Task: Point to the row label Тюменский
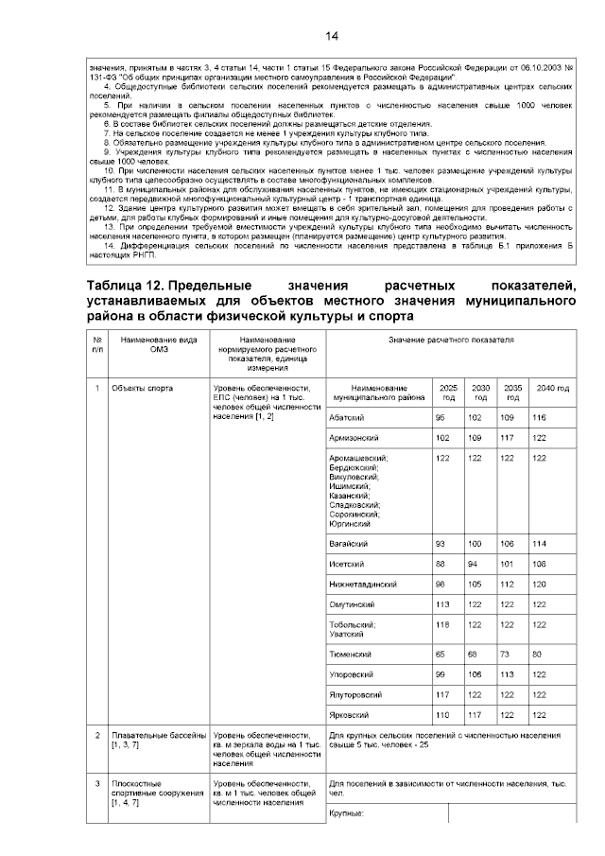click(350, 653)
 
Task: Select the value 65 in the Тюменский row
click(441, 653)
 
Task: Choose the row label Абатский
click(346, 417)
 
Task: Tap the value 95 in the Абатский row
click(441, 417)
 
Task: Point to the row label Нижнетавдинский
click(363, 585)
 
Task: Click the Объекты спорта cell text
click(141, 388)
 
